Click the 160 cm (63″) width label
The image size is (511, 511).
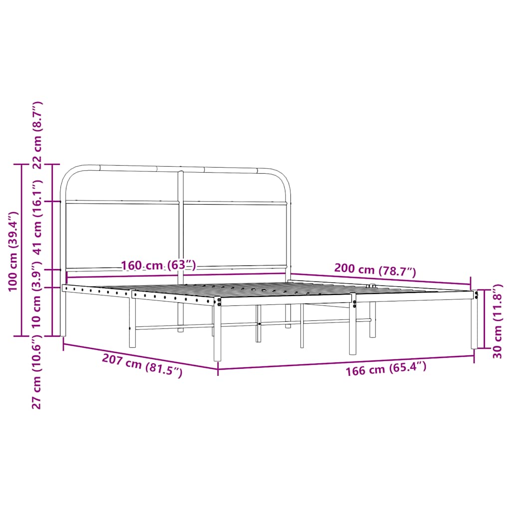pyautogui.click(x=159, y=265)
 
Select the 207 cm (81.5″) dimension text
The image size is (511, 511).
pyautogui.click(x=142, y=365)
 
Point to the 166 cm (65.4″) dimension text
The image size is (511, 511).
pyautogui.click(x=386, y=370)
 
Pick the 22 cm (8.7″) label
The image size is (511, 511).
pyautogui.click(x=37, y=135)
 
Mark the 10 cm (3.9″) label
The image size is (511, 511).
pyautogui.click(x=37, y=301)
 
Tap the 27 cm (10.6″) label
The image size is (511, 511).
pyautogui.click(x=37, y=374)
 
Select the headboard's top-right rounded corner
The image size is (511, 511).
pyautogui.click(x=282, y=177)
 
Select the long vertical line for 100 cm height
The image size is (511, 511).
pyautogui.click(x=21, y=250)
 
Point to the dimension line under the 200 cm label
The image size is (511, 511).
pyautogui.click(x=379, y=279)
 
